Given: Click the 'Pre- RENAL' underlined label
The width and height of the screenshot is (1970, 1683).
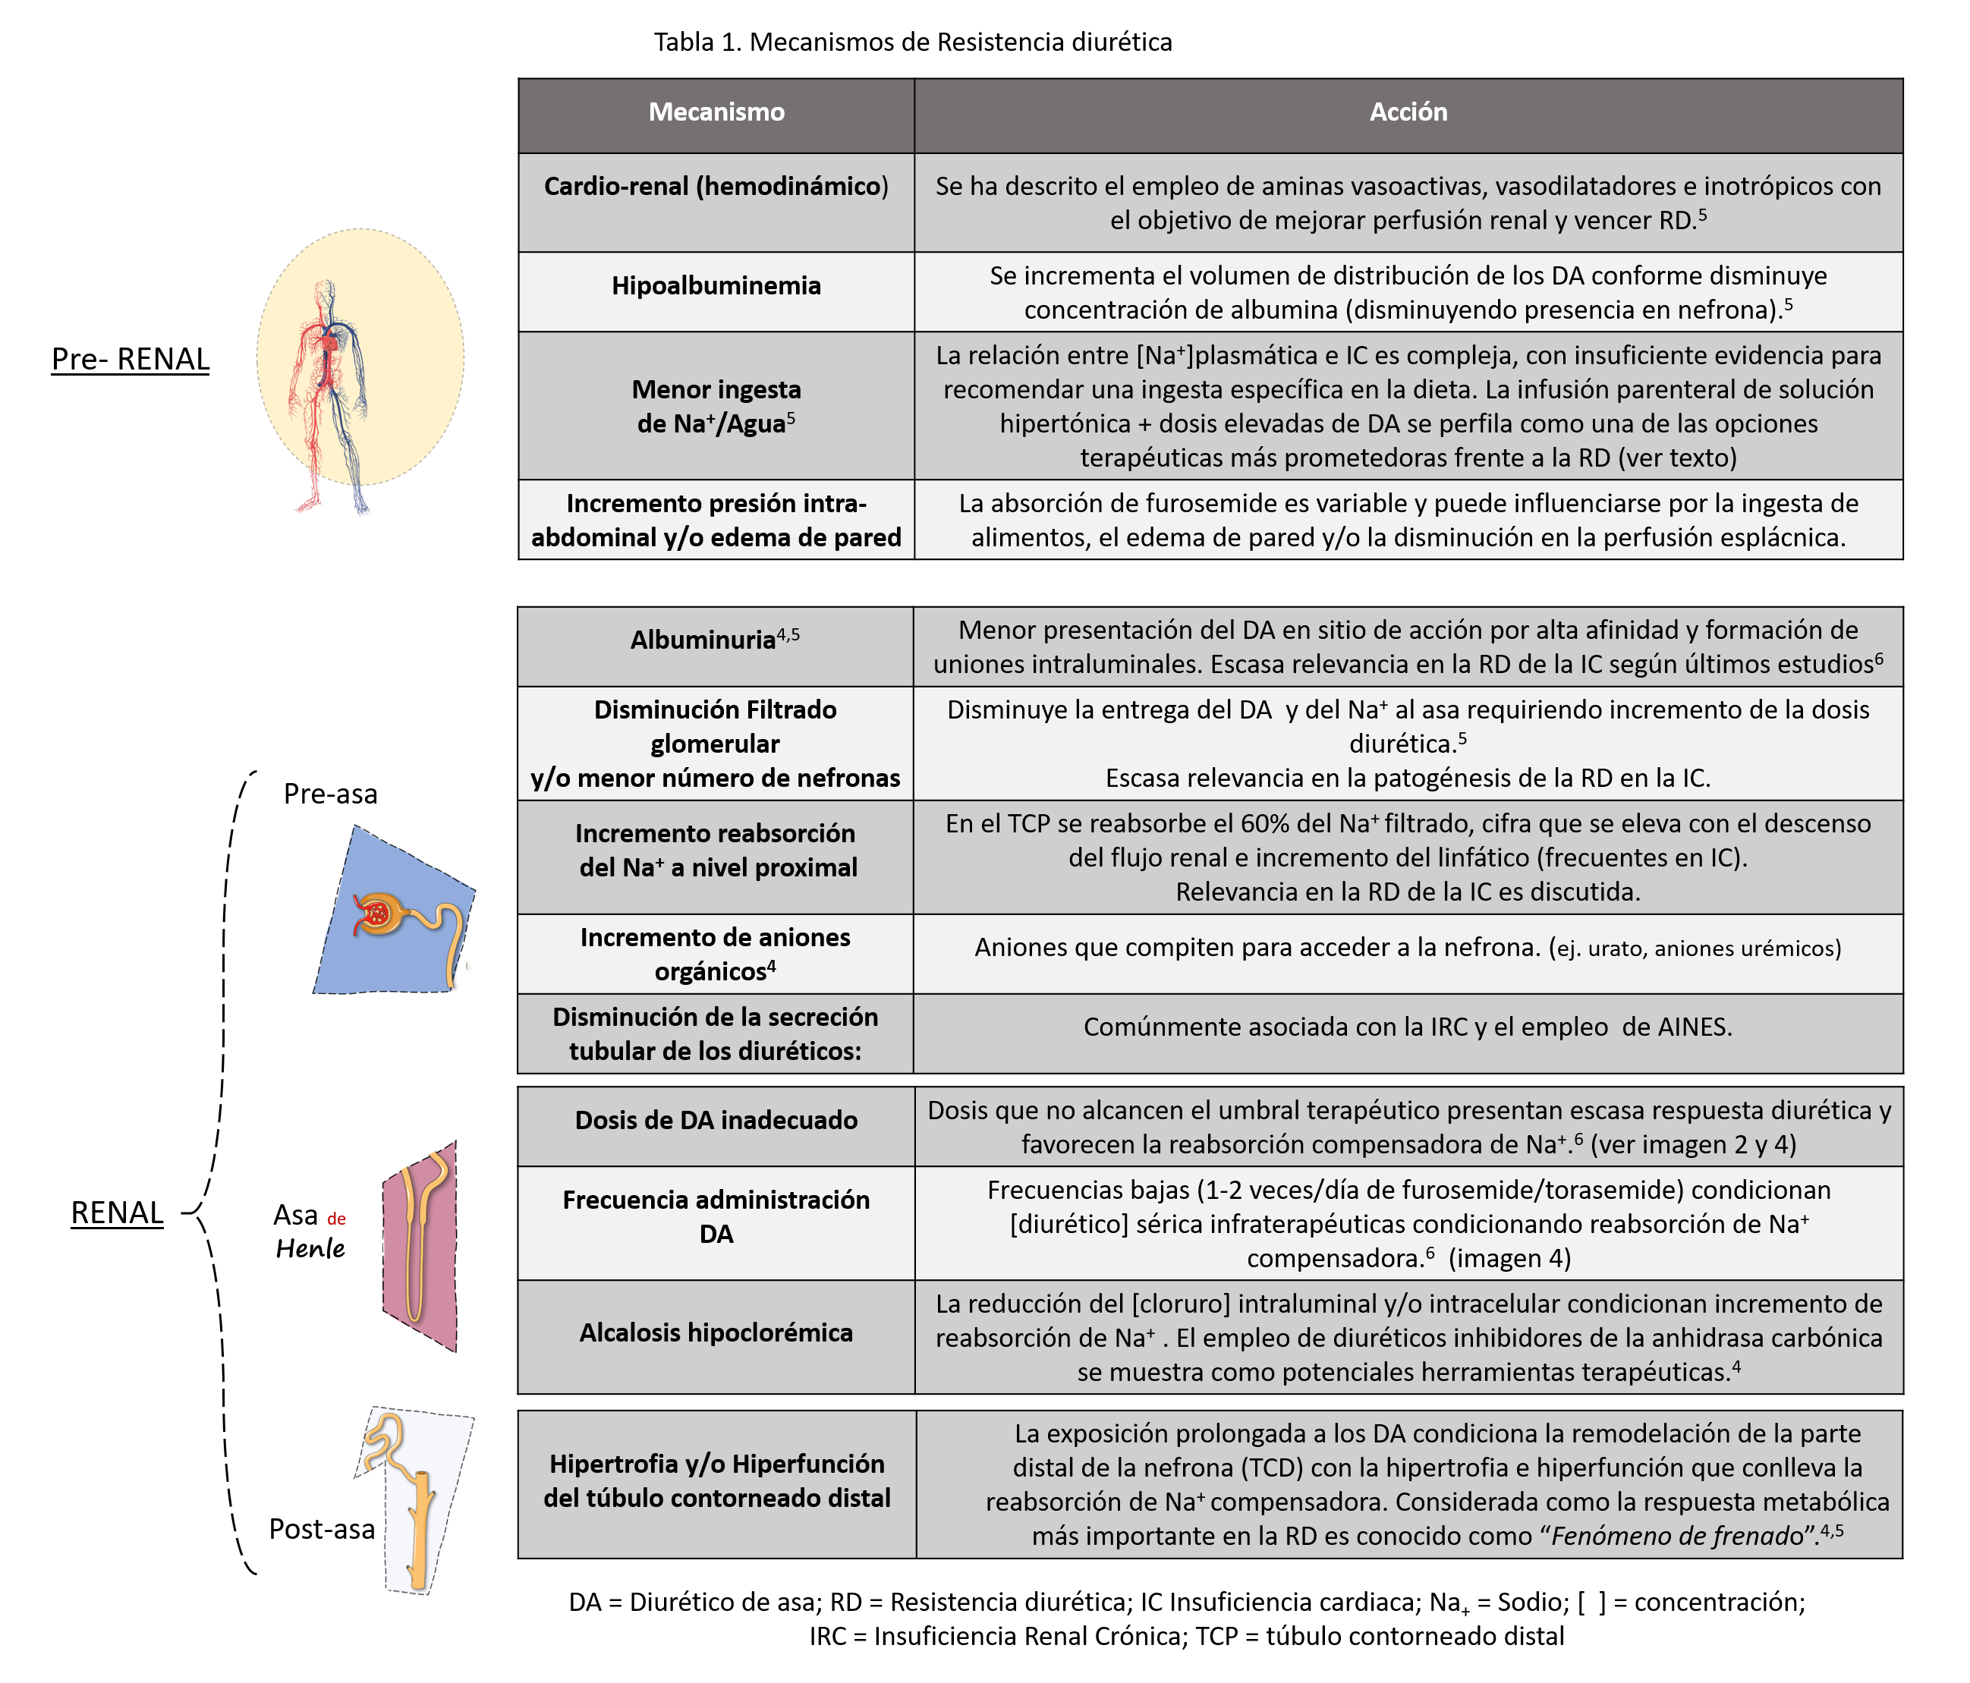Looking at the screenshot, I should (131, 360).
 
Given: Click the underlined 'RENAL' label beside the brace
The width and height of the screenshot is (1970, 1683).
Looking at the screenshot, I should (117, 1213).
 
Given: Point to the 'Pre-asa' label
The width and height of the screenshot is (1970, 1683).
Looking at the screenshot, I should (330, 794).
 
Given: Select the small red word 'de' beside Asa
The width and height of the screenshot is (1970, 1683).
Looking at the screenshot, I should (337, 1219).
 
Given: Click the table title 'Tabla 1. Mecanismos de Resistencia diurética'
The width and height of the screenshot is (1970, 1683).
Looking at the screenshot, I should (913, 42).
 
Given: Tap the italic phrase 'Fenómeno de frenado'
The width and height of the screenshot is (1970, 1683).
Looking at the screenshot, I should (1677, 1536).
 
